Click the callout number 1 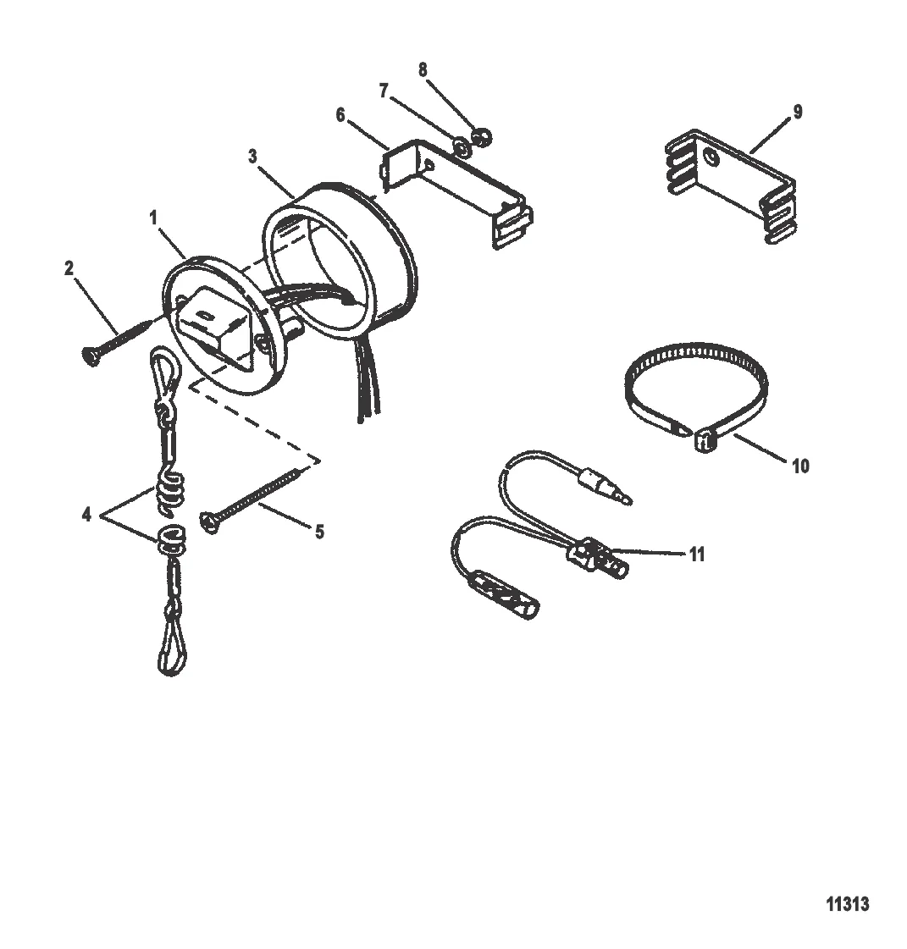pos(153,218)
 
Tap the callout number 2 pos(69,268)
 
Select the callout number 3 pos(252,157)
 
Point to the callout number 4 pos(86,515)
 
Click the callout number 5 pos(319,532)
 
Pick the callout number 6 pos(340,115)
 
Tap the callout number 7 pos(384,91)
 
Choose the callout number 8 pos(423,70)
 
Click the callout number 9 pos(798,112)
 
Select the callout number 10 pos(800,466)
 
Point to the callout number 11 pos(697,555)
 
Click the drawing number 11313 pos(848,904)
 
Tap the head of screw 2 pos(89,356)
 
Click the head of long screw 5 pos(207,522)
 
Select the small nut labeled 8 pos(484,138)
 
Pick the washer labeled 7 pos(462,147)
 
